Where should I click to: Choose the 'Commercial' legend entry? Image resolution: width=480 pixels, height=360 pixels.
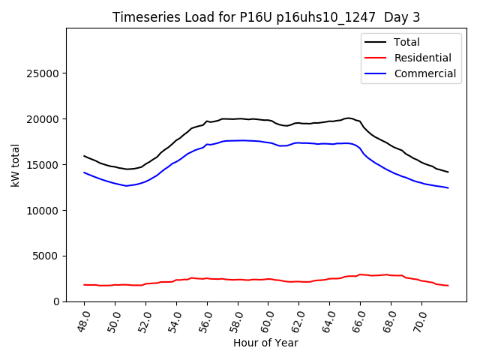click(x=424, y=73)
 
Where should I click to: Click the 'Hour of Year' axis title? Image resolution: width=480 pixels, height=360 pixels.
click(x=265, y=343)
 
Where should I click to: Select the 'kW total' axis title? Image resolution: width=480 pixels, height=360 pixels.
click(x=16, y=165)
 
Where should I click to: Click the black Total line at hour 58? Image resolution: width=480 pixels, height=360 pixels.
click(x=238, y=118)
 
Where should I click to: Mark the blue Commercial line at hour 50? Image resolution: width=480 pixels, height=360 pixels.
click(x=115, y=183)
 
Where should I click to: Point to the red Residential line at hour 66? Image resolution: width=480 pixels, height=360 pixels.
click(x=360, y=274)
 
